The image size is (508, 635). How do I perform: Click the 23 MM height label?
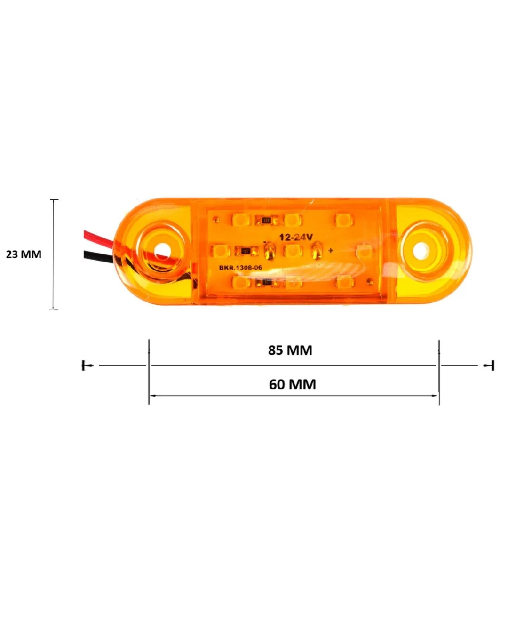pos(24,254)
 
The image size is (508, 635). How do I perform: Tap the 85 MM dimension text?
pos(290,350)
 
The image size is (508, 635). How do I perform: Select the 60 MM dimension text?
pos(292,384)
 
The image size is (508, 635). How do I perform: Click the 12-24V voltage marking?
pos(296,237)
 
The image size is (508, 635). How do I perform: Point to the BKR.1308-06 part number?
pos(240,268)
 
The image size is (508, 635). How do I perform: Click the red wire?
pos(99,238)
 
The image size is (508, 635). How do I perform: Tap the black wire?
pos(98,257)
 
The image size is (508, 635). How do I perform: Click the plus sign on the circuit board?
pos(331,251)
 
